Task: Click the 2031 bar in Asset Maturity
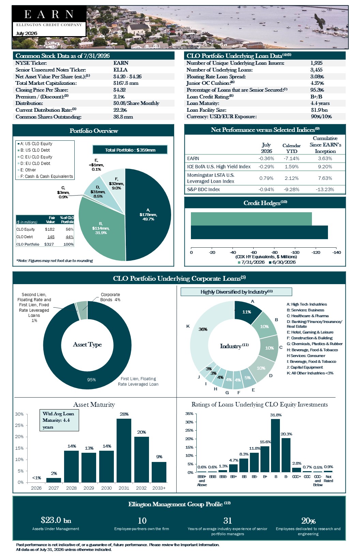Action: coord(124,450)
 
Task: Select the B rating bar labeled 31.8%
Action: coord(275,446)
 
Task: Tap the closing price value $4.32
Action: coord(120,90)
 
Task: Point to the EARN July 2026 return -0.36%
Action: coord(266,158)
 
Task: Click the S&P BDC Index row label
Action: coord(204,189)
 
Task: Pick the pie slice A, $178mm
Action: coord(148,215)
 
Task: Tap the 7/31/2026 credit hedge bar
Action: coord(251,219)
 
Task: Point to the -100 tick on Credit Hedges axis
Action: coord(295,252)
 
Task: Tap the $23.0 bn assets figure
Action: coord(56,520)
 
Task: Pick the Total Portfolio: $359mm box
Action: coord(130,150)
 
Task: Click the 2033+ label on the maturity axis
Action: coord(159,488)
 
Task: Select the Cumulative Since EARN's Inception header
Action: coord(325,145)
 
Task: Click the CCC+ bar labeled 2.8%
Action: coord(296,470)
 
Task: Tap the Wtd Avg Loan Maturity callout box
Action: coord(59,420)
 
